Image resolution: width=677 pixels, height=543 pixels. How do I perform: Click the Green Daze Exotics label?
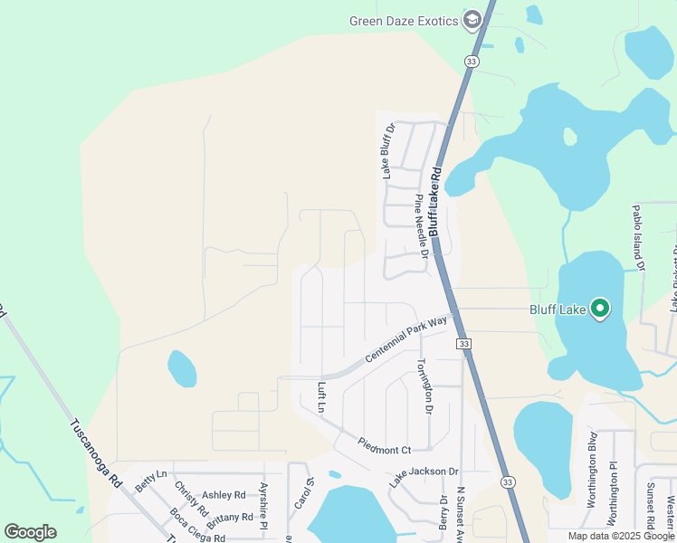(x=405, y=21)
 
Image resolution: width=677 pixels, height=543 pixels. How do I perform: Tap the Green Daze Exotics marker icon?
(x=472, y=20)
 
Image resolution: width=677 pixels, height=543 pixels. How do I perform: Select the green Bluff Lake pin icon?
(x=599, y=310)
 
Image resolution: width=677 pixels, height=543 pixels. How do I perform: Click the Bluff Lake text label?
(x=558, y=310)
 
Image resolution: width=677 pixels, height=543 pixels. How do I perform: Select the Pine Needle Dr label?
(x=420, y=226)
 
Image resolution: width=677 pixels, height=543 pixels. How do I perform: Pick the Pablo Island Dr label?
(x=637, y=238)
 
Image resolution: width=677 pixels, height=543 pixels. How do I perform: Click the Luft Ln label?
(x=321, y=396)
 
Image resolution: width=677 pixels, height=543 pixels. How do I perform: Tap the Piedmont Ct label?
(x=385, y=445)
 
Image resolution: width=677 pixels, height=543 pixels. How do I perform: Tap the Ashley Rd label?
(x=224, y=495)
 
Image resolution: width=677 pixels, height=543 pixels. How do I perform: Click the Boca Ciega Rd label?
(x=197, y=526)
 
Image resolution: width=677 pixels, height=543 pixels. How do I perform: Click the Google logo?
(x=30, y=531)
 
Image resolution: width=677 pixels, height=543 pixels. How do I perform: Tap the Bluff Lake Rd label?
(x=435, y=201)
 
